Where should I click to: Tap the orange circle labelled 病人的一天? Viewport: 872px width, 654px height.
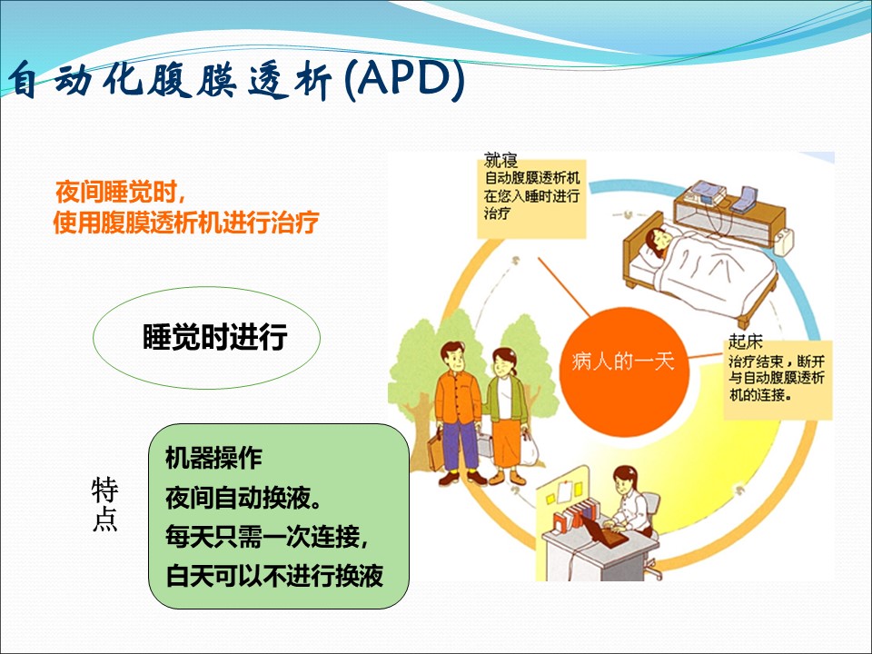623,362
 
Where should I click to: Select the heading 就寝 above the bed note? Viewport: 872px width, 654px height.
500,160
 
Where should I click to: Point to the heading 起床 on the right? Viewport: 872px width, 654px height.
745,341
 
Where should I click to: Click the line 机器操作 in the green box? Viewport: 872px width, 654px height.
213,458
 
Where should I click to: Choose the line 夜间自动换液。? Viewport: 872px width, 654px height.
243,497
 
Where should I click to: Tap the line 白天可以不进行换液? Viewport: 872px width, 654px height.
274,575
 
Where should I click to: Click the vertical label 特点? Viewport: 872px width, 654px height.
104,504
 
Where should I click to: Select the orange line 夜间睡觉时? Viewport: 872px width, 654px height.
120,193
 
